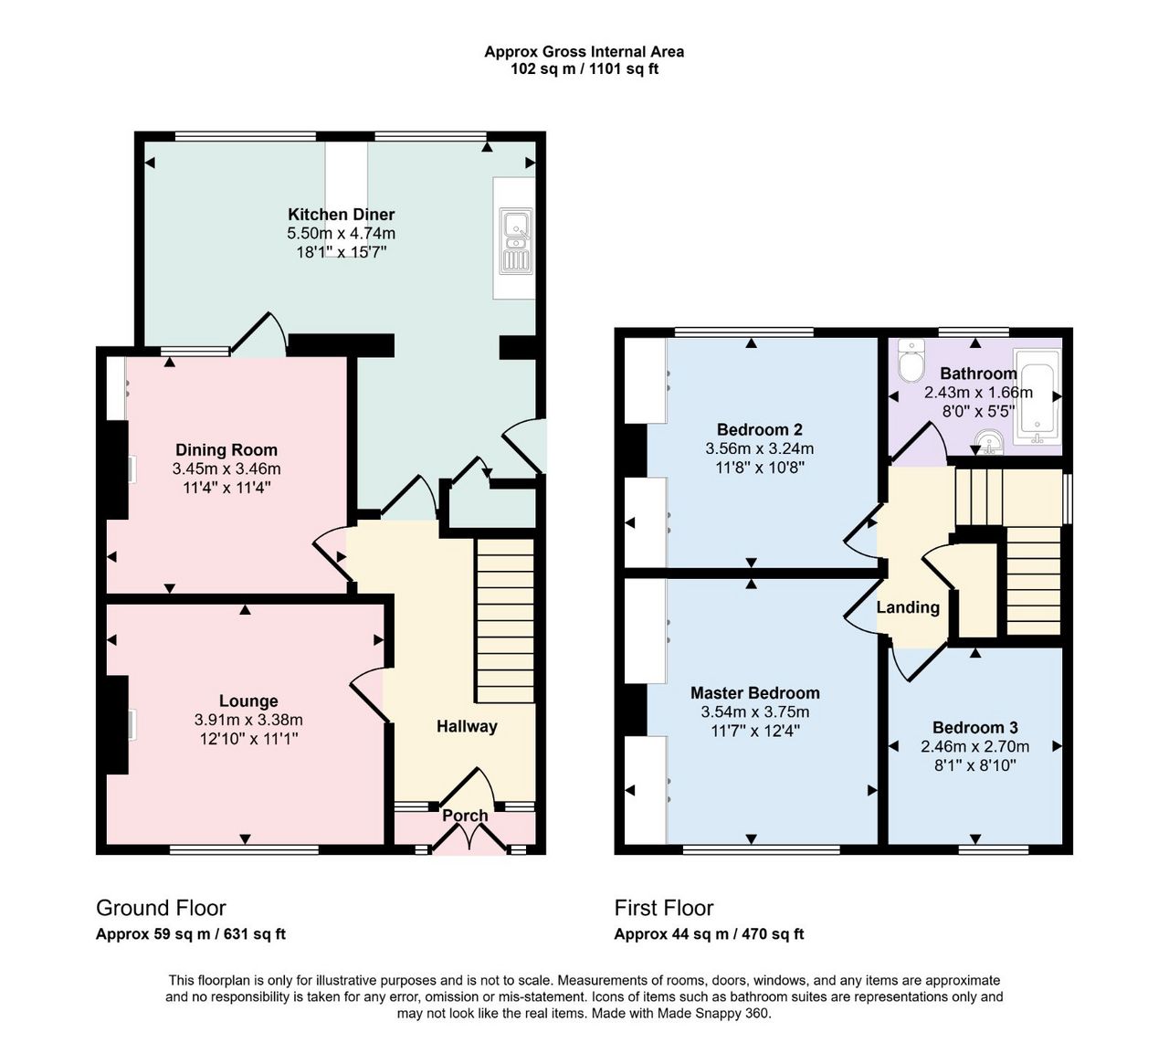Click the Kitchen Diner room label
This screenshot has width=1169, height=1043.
click(x=341, y=214)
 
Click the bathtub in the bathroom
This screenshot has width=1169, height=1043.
click(x=1037, y=398)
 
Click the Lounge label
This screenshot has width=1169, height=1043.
click(x=248, y=701)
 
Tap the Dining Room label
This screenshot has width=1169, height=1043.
click(x=226, y=449)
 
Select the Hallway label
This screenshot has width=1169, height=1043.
click(x=466, y=726)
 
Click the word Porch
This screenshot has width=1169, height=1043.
click(x=465, y=816)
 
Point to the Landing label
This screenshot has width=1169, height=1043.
click(x=908, y=607)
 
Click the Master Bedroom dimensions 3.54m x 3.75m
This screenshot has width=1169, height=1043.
click(x=754, y=711)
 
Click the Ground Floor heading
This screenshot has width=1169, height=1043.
click(x=161, y=908)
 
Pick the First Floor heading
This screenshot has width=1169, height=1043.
click(x=664, y=908)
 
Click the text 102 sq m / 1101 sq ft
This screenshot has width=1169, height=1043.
click(x=584, y=69)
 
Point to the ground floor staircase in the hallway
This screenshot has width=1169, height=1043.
click(x=504, y=621)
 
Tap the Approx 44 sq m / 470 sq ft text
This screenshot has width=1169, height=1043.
click(x=709, y=934)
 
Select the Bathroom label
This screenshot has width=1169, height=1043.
click(x=978, y=374)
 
